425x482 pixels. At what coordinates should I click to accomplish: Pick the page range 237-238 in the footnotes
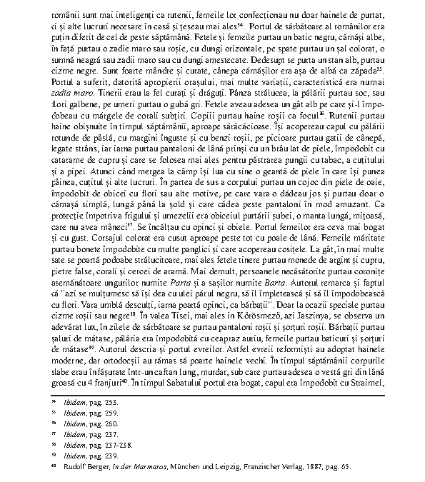click(x=112, y=446)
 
